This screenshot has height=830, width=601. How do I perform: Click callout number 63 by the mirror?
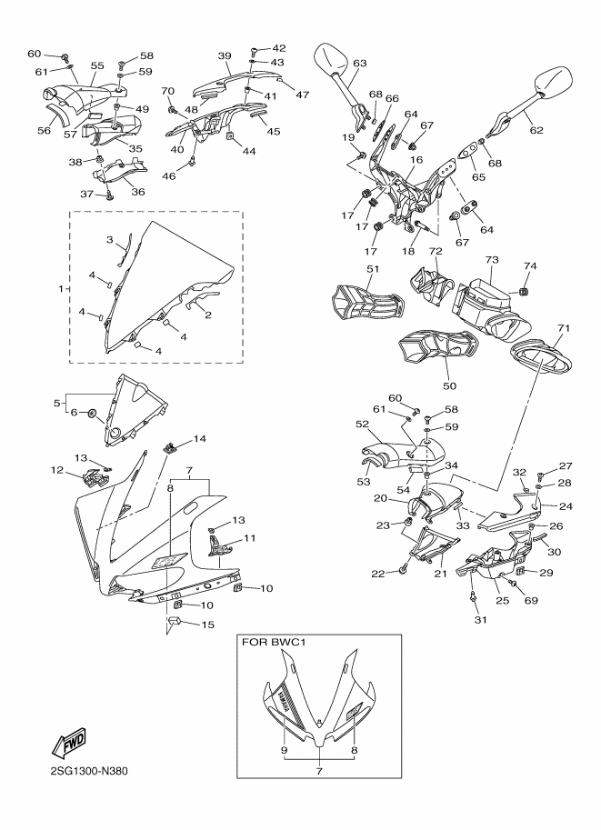pyautogui.click(x=360, y=63)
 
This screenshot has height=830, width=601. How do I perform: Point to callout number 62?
pyautogui.click(x=536, y=130)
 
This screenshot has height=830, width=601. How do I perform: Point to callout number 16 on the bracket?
pyautogui.click(x=416, y=160)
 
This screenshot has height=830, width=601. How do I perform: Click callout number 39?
pyautogui.click(x=225, y=56)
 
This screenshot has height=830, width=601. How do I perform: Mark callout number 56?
pyautogui.click(x=43, y=131)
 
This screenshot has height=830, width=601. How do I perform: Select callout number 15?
pyautogui.click(x=208, y=625)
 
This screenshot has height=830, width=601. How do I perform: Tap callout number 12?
pyautogui.click(x=57, y=470)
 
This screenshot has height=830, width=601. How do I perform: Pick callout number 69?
pyautogui.click(x=530, y=601)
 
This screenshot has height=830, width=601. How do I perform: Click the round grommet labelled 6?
pyautogui.click(x=94, y=415)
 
